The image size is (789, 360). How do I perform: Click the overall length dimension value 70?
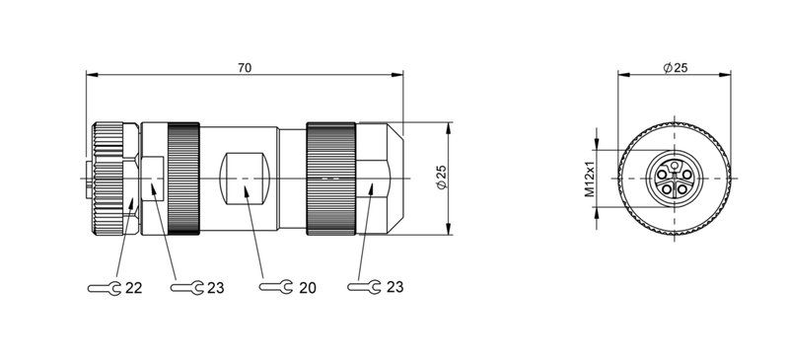point(245,67)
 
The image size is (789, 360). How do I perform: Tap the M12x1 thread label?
point(591,179)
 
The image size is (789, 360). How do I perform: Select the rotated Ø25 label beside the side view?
point(441,179)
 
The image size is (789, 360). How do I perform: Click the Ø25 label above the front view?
point(676,67)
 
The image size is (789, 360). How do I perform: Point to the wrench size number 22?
point(133,288)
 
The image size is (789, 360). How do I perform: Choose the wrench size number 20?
point(306,288)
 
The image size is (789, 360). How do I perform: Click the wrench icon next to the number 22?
point(105,288)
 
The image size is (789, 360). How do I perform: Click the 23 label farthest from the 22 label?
point(393,288)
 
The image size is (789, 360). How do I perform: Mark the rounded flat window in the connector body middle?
point(243,179)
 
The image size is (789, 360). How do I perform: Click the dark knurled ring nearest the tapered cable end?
point(331,179)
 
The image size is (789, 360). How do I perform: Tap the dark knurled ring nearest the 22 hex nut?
point(184,179)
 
